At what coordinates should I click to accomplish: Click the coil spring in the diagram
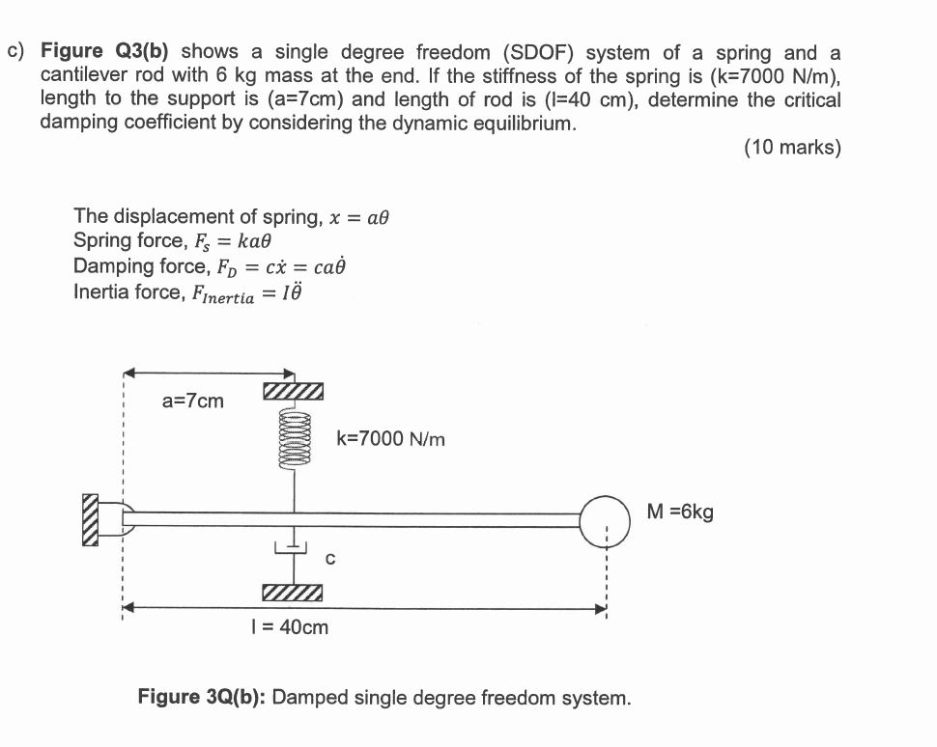(294, 437)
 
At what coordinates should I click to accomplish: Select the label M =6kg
(681, 512)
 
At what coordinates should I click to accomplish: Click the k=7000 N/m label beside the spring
(391, 439)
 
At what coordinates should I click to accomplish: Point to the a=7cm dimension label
(192, 400)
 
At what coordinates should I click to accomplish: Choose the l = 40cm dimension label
(289, 627)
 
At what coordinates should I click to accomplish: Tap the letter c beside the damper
(330, 557)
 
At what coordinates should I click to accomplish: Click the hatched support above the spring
(293, 391)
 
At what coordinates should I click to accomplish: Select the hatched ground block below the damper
(292, 592)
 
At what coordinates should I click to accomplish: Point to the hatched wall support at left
(92, 520)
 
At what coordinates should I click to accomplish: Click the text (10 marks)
(792, 148)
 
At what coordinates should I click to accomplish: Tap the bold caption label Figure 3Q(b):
(202, 697)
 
